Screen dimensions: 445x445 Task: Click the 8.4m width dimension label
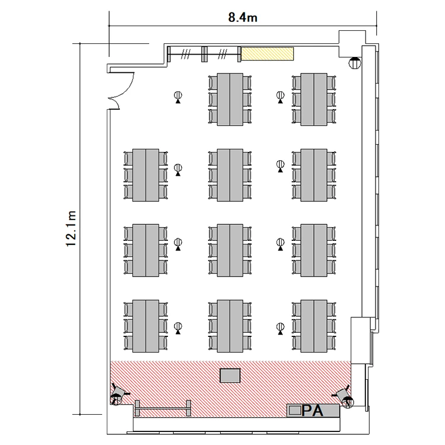coord(243,18)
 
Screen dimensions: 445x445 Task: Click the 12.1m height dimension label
coord(71,229)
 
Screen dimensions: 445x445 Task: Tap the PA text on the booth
coord(312,411)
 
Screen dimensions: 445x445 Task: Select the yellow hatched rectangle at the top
coord(267,53)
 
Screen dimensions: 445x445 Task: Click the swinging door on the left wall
coord(121,90)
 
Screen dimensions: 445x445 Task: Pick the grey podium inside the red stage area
coord(230,376)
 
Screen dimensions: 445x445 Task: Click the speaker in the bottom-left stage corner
coord(118,394)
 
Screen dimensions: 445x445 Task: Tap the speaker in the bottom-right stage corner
coord(344,396)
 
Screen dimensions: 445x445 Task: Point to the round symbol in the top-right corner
coord(354,63)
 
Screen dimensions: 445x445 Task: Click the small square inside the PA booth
coord(294,410)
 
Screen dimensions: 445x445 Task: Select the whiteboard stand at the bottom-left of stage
coord(163,408)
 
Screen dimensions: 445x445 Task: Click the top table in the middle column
coord(230,99)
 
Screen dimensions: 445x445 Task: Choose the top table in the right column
coord(314,99)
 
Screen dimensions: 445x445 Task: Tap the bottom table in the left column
coord(145,326)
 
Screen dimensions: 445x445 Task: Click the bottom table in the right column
coord(314,326)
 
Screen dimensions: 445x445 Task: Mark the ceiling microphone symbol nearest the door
coord(178,97)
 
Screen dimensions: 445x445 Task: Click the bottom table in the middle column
coord(230,326)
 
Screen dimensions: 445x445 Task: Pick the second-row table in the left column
coord(145,175)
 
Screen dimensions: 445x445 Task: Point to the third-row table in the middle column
coord(230,250)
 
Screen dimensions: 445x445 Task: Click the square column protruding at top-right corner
coord(352,44)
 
